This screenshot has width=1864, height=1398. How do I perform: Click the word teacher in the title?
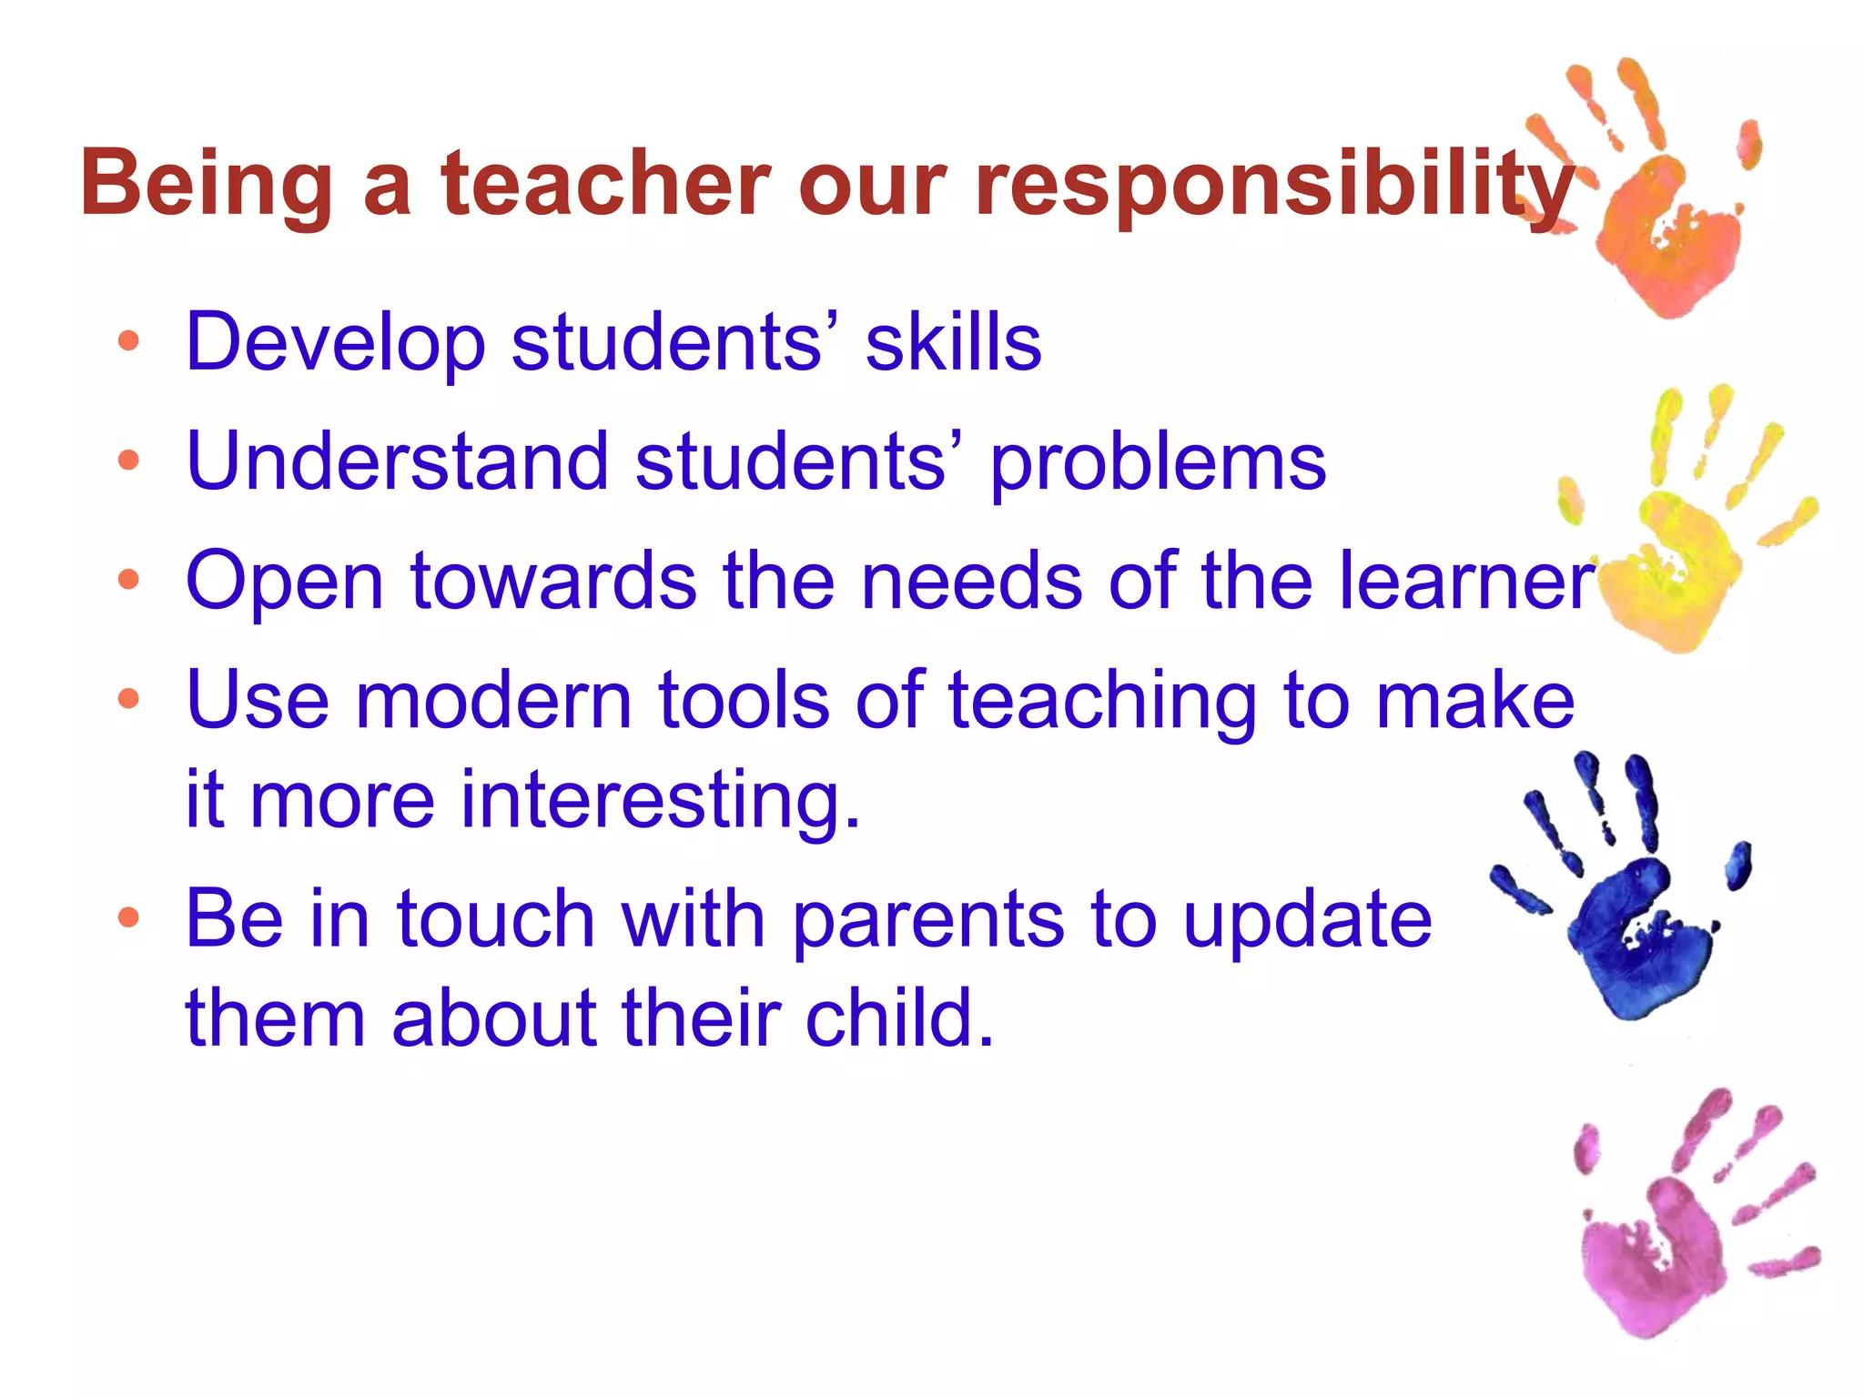click(606, 184)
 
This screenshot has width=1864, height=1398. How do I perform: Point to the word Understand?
click(397, 461)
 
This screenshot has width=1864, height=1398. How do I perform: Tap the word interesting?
click(659, 801)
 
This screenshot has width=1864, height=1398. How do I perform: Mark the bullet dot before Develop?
click(128, 341)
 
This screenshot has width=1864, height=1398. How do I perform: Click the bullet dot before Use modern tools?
click(128, 699)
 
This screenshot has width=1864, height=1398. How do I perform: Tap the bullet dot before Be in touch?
click(128, 917)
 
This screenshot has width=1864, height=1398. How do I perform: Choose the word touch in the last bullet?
click(495, 919)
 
